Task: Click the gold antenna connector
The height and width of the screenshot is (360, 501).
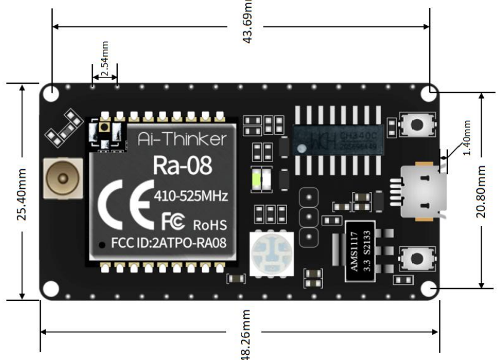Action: click(62, 179)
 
